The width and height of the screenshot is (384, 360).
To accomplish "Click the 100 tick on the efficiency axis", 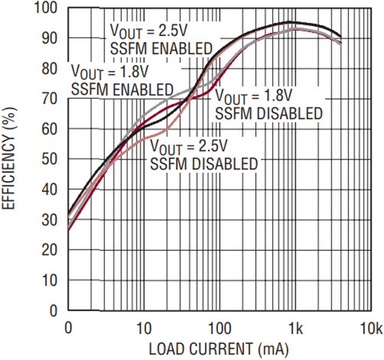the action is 46,8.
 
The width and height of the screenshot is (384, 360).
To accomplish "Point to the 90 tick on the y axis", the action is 49,38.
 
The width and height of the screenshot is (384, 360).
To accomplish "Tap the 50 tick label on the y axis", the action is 49,160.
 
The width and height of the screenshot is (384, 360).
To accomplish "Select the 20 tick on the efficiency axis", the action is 49,250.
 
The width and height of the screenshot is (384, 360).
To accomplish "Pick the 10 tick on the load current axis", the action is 144,328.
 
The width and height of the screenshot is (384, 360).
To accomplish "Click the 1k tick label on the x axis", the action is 296,328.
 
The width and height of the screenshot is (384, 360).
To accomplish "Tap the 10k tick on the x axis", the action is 372,328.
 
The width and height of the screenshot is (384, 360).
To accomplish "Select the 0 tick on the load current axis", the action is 68,328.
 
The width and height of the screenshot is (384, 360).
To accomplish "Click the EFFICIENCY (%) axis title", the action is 9,158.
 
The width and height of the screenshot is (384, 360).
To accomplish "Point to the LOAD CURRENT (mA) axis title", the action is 218,349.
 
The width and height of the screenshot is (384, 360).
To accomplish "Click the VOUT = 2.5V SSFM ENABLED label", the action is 161,39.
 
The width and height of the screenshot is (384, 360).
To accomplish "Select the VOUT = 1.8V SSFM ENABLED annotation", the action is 122,80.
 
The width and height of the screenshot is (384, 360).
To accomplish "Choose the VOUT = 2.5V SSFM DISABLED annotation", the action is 204,154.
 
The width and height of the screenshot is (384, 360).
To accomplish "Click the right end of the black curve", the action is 341,37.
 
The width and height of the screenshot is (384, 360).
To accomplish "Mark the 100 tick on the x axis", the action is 220,328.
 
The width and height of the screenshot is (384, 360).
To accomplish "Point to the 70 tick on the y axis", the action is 49,99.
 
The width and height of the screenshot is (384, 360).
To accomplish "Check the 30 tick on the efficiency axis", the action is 49,220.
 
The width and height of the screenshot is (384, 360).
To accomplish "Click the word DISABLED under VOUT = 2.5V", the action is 224,164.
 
